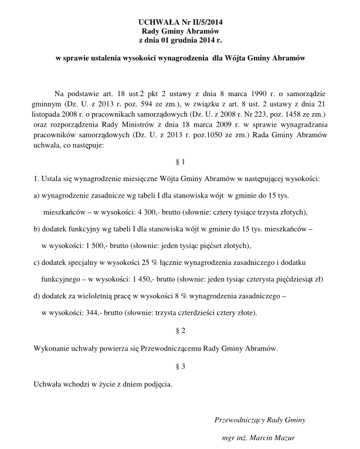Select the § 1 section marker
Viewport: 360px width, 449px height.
[181, 161]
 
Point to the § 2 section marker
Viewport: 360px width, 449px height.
[181, 331]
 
